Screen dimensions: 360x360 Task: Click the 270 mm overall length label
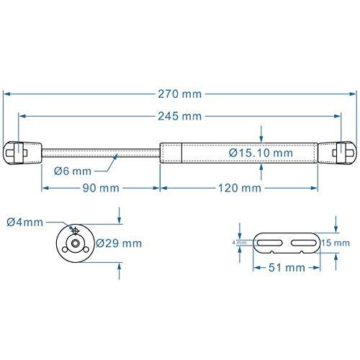point(180,94)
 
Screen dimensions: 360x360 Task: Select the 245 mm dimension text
point(180,116)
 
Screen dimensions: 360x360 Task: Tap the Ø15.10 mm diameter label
point(261,153)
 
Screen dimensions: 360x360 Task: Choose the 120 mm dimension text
point(238,188)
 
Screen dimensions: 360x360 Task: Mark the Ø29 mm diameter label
point(118,243)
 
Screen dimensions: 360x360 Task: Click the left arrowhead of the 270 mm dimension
point(7,94)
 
